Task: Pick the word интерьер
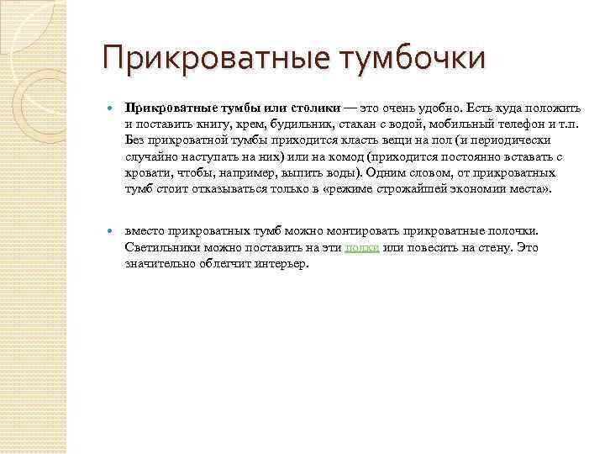(280, 262)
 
